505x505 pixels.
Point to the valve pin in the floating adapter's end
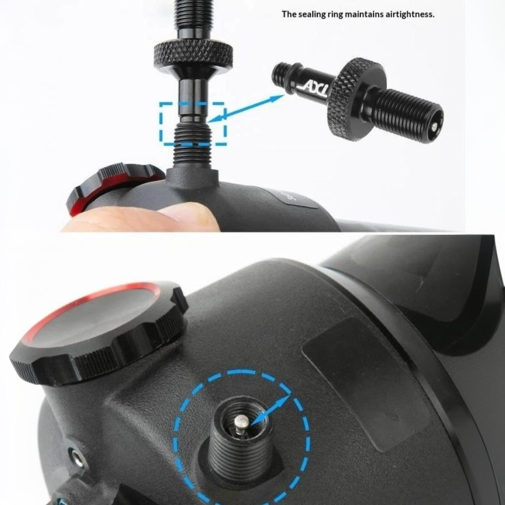point(435,126)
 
